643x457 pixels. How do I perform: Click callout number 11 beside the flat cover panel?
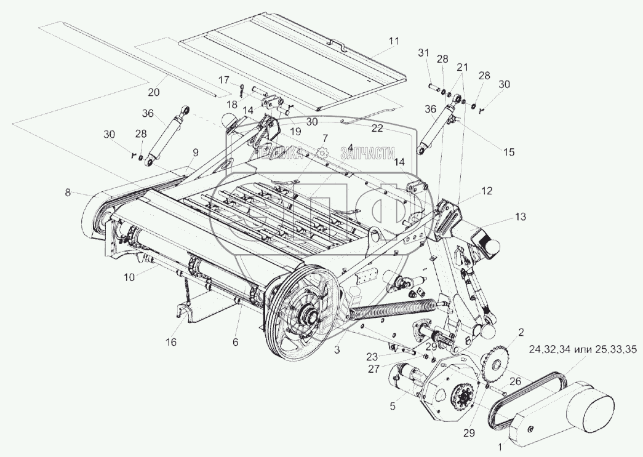click(x=393, y=41)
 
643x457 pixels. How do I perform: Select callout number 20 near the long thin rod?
click(x=154, y=92)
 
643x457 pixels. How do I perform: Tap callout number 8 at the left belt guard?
click(x=68, y=193)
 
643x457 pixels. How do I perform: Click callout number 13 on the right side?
click(x=521, y=217)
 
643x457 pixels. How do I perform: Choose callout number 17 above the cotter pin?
click(x=223, y=79)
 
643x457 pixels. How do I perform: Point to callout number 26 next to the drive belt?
click(x=514, y=381)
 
